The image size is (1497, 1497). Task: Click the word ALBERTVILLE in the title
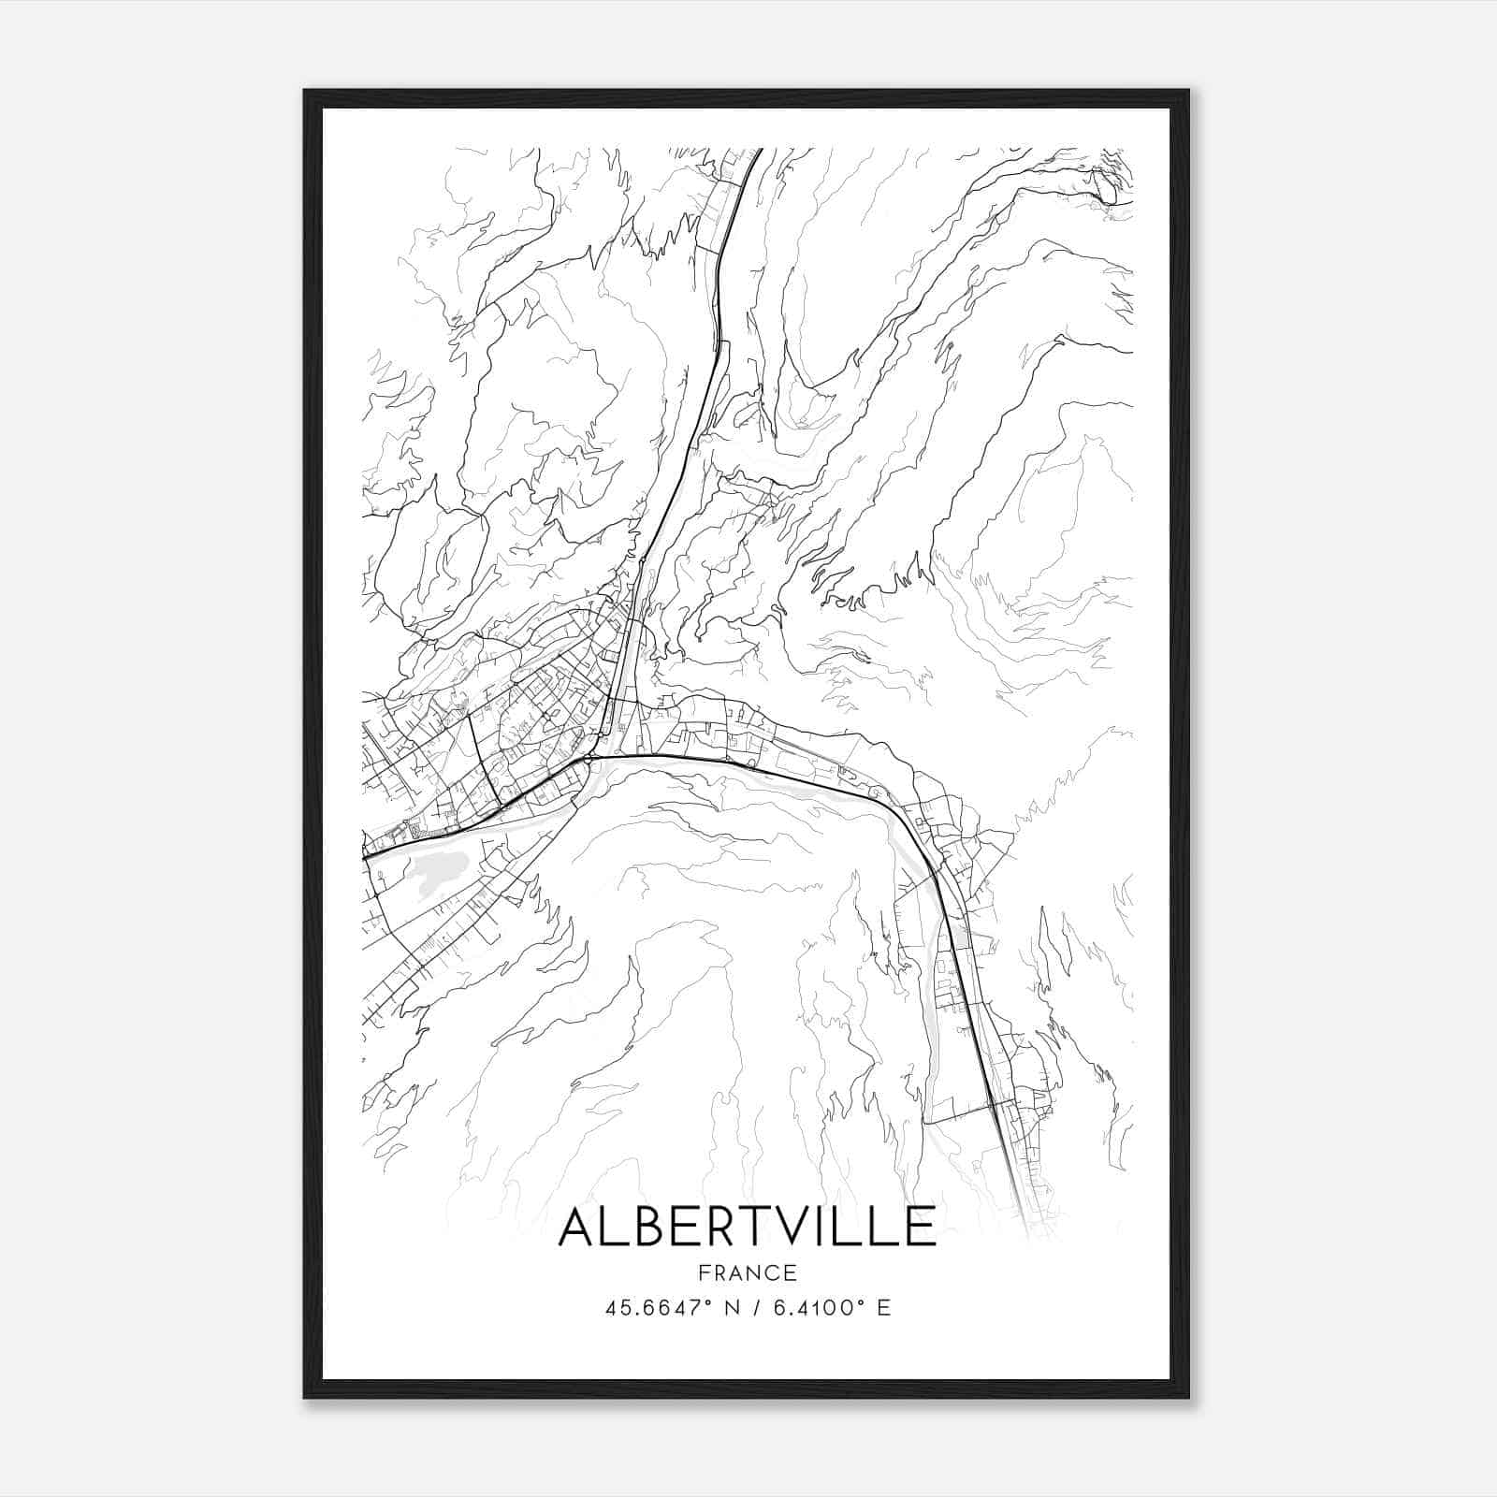coord(747,1227)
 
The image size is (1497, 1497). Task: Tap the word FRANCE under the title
coord(747,1273)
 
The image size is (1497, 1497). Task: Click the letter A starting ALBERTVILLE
coord(578,1227)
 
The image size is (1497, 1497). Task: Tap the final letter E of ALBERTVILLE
coord(921,1227)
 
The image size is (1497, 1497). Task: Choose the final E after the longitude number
coord(883,1307)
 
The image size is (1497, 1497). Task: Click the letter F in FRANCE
coord(702,1273)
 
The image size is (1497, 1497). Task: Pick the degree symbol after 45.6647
coord(710,1301)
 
